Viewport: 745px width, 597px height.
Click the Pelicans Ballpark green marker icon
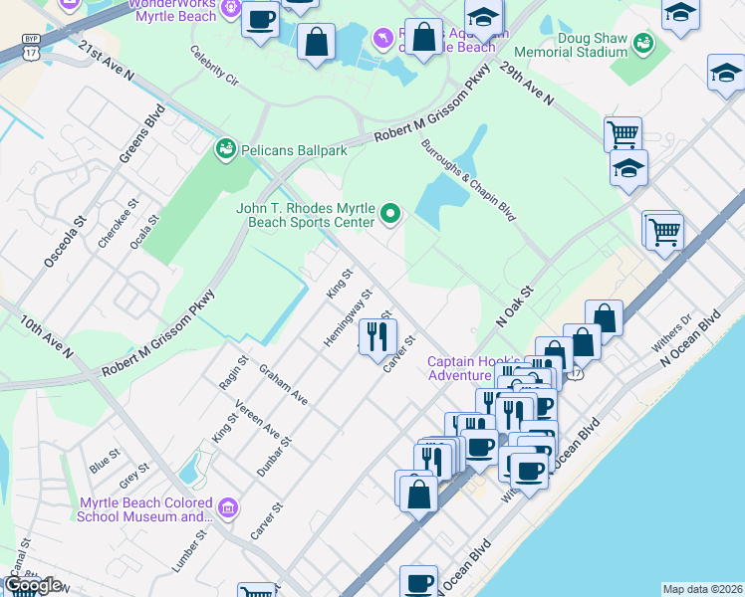[225, 150]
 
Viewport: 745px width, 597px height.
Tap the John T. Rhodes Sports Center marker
[391, 212]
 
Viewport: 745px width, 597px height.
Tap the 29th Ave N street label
[527, 87]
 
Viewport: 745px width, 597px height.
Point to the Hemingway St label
[348, 318]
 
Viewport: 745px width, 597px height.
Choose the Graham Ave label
[283, 383]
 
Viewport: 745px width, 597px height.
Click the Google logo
[33, 586]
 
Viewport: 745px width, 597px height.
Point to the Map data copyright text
[702, 589]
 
